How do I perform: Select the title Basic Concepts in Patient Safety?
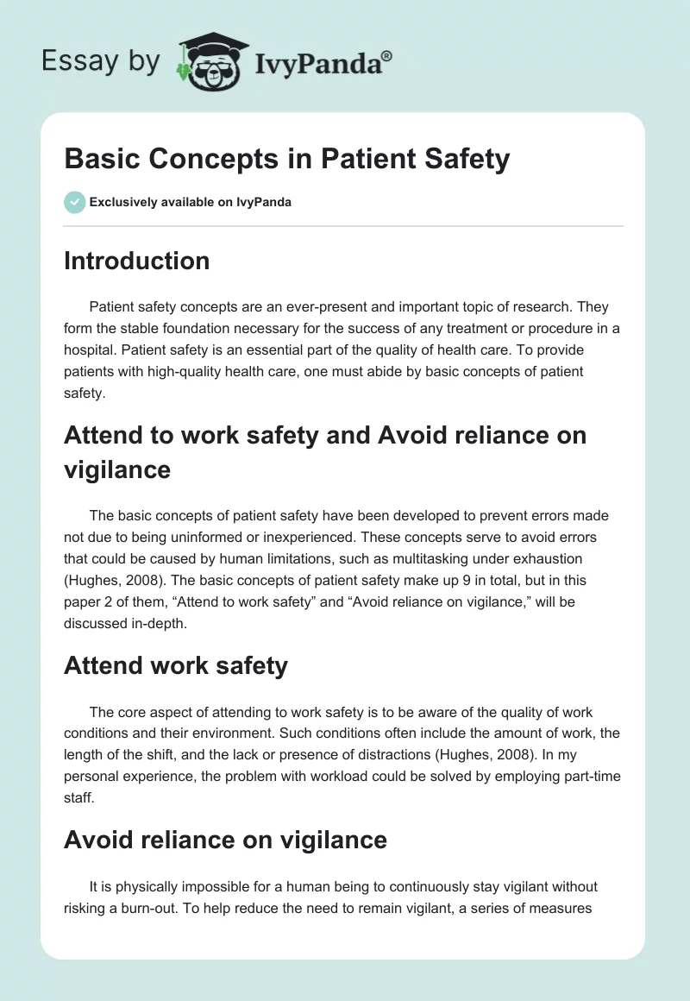(286, 160)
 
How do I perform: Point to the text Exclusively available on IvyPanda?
(190, 203)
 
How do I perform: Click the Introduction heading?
(136, 261)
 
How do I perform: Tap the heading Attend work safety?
(176, 665)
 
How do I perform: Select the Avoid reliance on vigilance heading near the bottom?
(225, 839)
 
